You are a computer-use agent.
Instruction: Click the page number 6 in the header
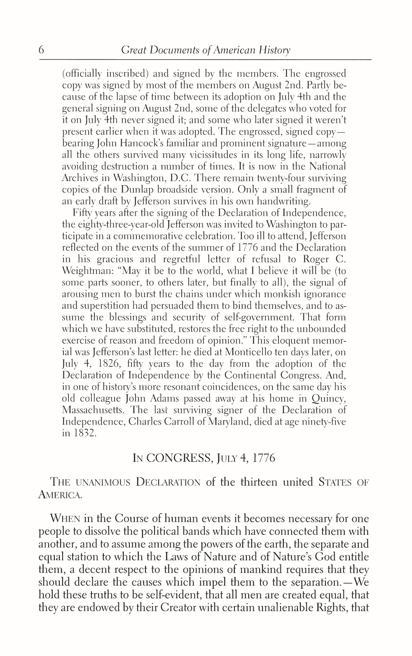point(41,50)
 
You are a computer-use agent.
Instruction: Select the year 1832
point(85,434)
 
